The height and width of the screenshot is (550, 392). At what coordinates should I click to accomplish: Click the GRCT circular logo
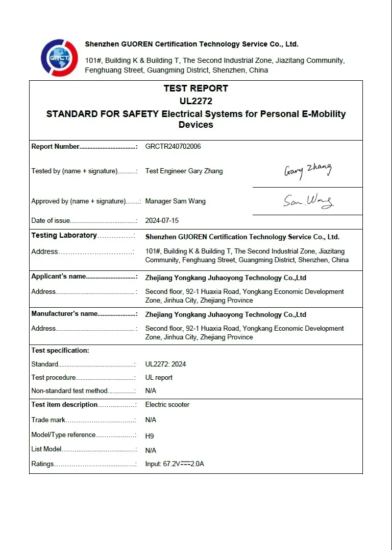(x=59, y=57)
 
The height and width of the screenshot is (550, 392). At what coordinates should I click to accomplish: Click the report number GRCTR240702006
(x=173, y=147)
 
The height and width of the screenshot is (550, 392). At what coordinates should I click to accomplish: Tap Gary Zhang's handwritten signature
(x=308, y=170)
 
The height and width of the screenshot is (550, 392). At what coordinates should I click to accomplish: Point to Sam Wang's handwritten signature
(x=308, y=201)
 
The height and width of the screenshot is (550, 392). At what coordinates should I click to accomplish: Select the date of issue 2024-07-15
(x=162, y=221)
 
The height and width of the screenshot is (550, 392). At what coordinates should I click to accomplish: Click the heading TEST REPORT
(x=195, y=88)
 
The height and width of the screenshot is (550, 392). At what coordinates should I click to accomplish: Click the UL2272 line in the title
(x=195, y=101)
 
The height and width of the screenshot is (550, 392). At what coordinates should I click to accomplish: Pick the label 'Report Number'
(x=56, y=147)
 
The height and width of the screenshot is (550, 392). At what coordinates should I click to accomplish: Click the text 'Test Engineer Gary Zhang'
(x=184, y=171)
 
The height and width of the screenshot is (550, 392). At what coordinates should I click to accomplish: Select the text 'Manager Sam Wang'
(x=175, y=201)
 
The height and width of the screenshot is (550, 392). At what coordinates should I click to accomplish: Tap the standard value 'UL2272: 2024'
(x=165, y=364)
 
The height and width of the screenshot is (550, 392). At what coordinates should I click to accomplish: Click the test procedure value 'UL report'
(x=159, y=378)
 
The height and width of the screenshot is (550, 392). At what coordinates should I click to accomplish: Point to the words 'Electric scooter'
(x=167, y=405)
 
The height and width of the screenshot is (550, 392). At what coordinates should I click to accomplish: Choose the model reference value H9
(x=150, y=436)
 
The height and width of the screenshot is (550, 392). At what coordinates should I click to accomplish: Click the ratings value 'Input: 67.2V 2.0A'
(x=175, y=464)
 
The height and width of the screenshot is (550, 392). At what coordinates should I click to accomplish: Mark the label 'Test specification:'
(x=60, y=351)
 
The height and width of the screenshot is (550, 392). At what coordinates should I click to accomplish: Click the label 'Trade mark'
(x=48, y=420)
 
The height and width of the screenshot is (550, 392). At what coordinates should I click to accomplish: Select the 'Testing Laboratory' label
(x=64, y=236)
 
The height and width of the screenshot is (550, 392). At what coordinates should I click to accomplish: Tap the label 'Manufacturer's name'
(x=64, y=314)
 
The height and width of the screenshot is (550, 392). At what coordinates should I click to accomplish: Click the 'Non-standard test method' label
(x=69, y=391)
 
